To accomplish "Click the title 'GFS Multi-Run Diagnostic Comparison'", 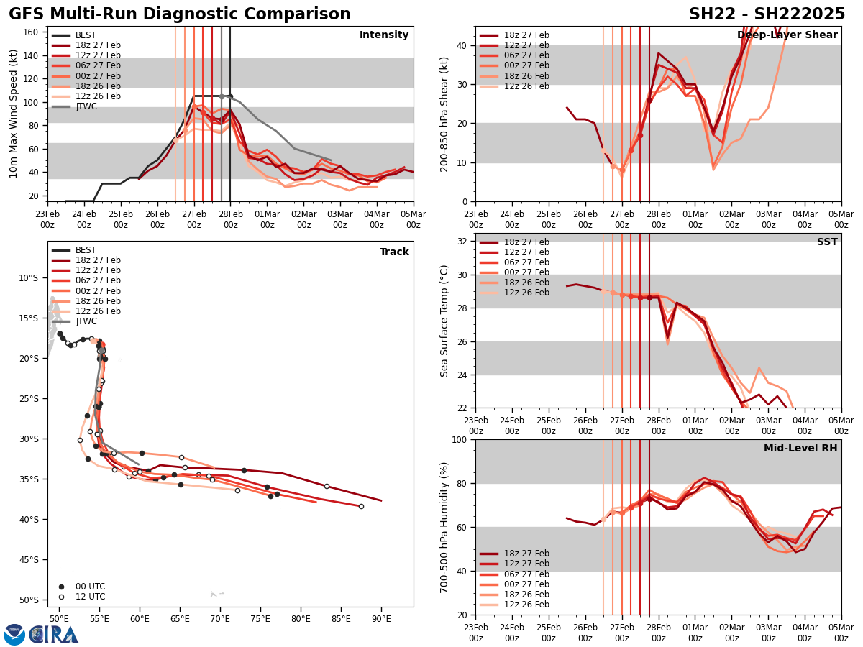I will (180, 14).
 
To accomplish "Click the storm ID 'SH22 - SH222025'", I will (767, 14).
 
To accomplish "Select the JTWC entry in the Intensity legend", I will (86, 106).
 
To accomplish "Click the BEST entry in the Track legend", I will (86, 250).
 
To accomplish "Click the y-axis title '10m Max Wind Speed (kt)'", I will (14, 114).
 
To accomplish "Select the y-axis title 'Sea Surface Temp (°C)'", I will (445, 321).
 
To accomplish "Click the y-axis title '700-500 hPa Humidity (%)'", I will (445, 526).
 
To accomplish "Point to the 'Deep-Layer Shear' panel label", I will (787, 35).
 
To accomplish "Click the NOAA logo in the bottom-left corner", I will (14, 635).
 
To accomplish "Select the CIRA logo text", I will (55, 635).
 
